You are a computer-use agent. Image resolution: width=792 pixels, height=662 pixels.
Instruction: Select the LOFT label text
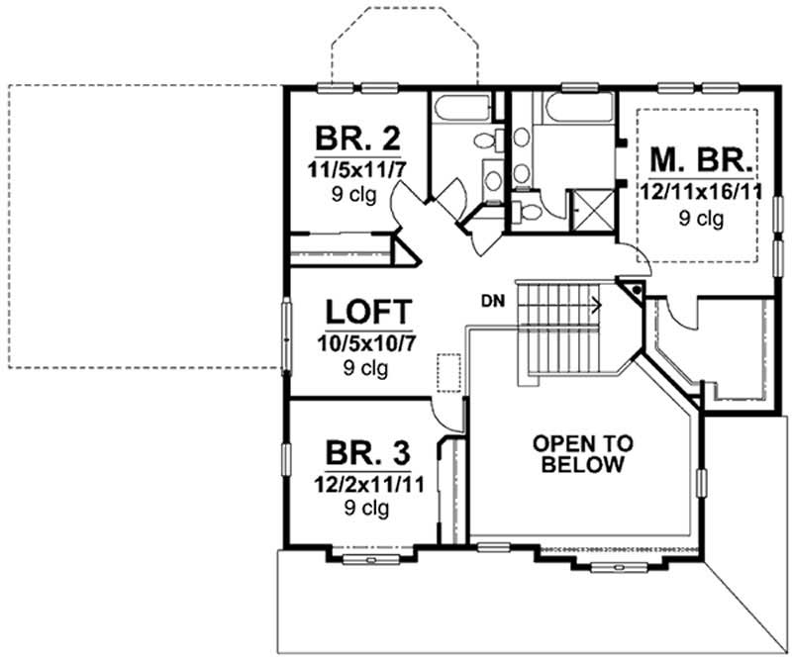pos(365,313)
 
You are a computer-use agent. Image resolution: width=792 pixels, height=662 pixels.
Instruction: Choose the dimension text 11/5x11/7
pos(356,167)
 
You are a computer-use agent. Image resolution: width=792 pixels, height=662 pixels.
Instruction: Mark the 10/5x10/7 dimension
pos(365,343)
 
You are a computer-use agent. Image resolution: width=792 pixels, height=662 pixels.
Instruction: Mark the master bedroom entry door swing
pos(634,259)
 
